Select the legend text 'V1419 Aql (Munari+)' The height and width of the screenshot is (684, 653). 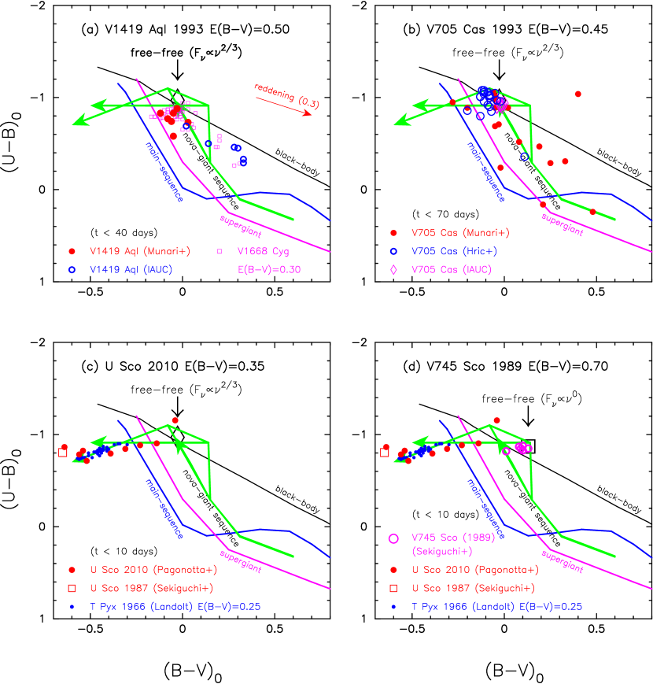[x=140, y=251]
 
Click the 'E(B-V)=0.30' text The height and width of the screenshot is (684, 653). [x=269, y=269]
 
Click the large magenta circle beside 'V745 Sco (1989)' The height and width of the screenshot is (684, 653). [x=393, y=538]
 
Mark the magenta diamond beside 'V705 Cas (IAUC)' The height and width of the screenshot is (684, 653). [x=393, y=269]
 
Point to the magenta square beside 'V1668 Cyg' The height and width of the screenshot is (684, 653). [x=220, y=251]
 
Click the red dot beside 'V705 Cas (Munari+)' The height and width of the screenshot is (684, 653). [x=393, y=233]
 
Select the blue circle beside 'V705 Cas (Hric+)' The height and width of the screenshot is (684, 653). [x=393, y=251]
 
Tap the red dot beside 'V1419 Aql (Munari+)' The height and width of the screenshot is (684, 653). [x=72, y=251]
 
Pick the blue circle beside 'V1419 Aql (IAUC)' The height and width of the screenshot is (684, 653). [x=72, y=269]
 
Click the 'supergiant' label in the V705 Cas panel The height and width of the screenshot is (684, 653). [x=562, y=223]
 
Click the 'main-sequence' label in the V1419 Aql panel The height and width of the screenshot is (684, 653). [x=164, y=171]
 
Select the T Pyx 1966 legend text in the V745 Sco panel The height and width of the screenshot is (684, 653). [x=496, y=607]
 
